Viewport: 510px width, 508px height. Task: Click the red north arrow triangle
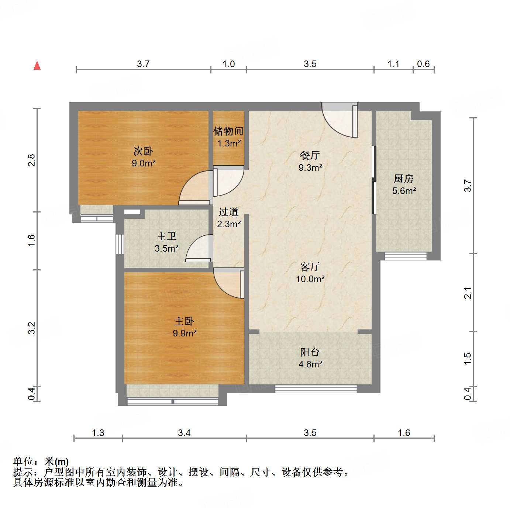click(37, 65)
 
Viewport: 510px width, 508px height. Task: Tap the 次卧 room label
click(143, 151)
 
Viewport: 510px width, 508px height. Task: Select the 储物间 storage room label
click(228, 131)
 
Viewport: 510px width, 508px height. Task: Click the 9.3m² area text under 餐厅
click(310, 168)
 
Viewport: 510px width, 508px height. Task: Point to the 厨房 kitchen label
click(403, 179)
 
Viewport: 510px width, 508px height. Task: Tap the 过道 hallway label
click(228, 212)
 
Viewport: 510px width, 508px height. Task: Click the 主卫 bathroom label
click(166, 236)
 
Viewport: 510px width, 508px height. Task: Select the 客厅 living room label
click(310, 267)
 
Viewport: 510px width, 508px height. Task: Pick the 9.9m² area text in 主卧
click(185, 334)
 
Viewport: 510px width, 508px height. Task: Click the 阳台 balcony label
click(310, 352)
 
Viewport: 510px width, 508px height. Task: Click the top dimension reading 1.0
click(229, 64)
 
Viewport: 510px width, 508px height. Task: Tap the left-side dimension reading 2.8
click(32, 160)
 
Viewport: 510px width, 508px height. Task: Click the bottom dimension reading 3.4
click(184, 433)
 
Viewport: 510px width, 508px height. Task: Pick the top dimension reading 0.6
click(423, 64)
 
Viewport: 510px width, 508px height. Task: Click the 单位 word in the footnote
click(23, 462)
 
